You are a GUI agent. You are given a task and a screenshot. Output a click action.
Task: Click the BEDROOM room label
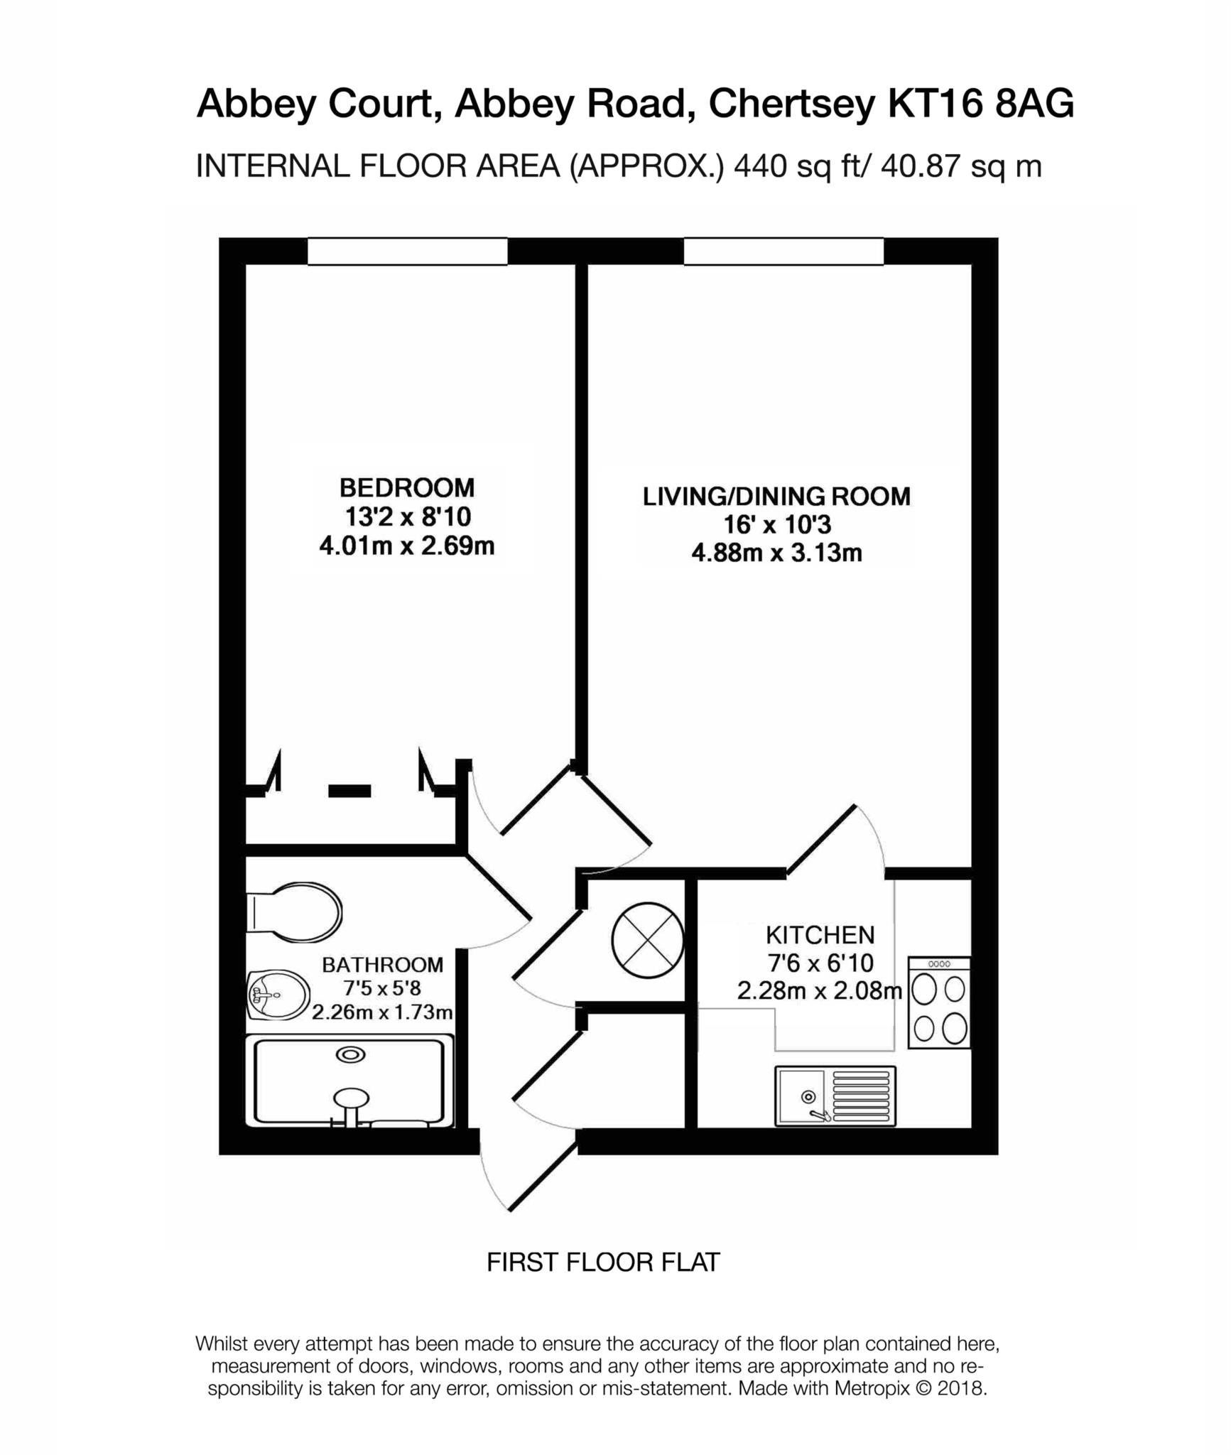click(x=407, y=488)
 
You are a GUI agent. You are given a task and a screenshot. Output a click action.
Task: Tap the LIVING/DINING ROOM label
click(x=776, y=496)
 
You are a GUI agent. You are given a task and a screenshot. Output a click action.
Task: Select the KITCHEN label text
click(x=820, y=934)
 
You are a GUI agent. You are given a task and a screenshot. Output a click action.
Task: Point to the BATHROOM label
click(x=382, y=965)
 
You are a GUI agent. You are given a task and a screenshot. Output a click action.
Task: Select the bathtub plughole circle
click(x=351, y=1055)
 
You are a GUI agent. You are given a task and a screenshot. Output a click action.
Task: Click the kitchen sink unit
click(x=835, y=1096)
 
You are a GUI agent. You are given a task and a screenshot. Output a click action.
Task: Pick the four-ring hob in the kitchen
click(x=939, y=1003)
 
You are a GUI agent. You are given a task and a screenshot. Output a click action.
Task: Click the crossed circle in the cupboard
click(x=647, y=941)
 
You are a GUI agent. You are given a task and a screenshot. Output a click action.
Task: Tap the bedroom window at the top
click(x=407, y=251)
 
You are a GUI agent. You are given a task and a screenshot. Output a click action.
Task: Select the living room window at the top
click(x=783, y=251)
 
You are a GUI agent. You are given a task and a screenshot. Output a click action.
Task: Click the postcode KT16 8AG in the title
click(x=981, y=104)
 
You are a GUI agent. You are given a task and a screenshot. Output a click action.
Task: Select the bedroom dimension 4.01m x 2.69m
click(x=407, y=547)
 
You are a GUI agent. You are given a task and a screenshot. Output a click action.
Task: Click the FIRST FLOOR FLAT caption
click(x=603, y=1262)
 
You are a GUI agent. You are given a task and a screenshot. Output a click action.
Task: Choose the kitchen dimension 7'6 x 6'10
click(x=820, y=963)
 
